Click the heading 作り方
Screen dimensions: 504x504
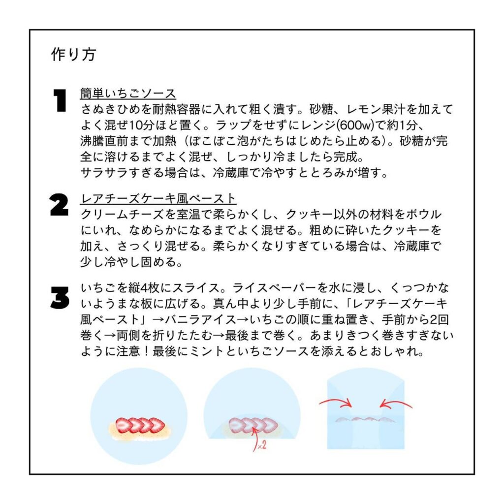74,54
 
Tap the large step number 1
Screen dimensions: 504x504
60,100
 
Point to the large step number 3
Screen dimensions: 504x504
60,298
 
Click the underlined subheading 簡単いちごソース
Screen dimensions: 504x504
128,94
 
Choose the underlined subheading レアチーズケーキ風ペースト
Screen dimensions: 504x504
158,198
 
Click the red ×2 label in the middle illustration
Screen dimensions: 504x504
262,445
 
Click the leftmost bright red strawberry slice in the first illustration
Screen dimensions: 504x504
123,426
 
